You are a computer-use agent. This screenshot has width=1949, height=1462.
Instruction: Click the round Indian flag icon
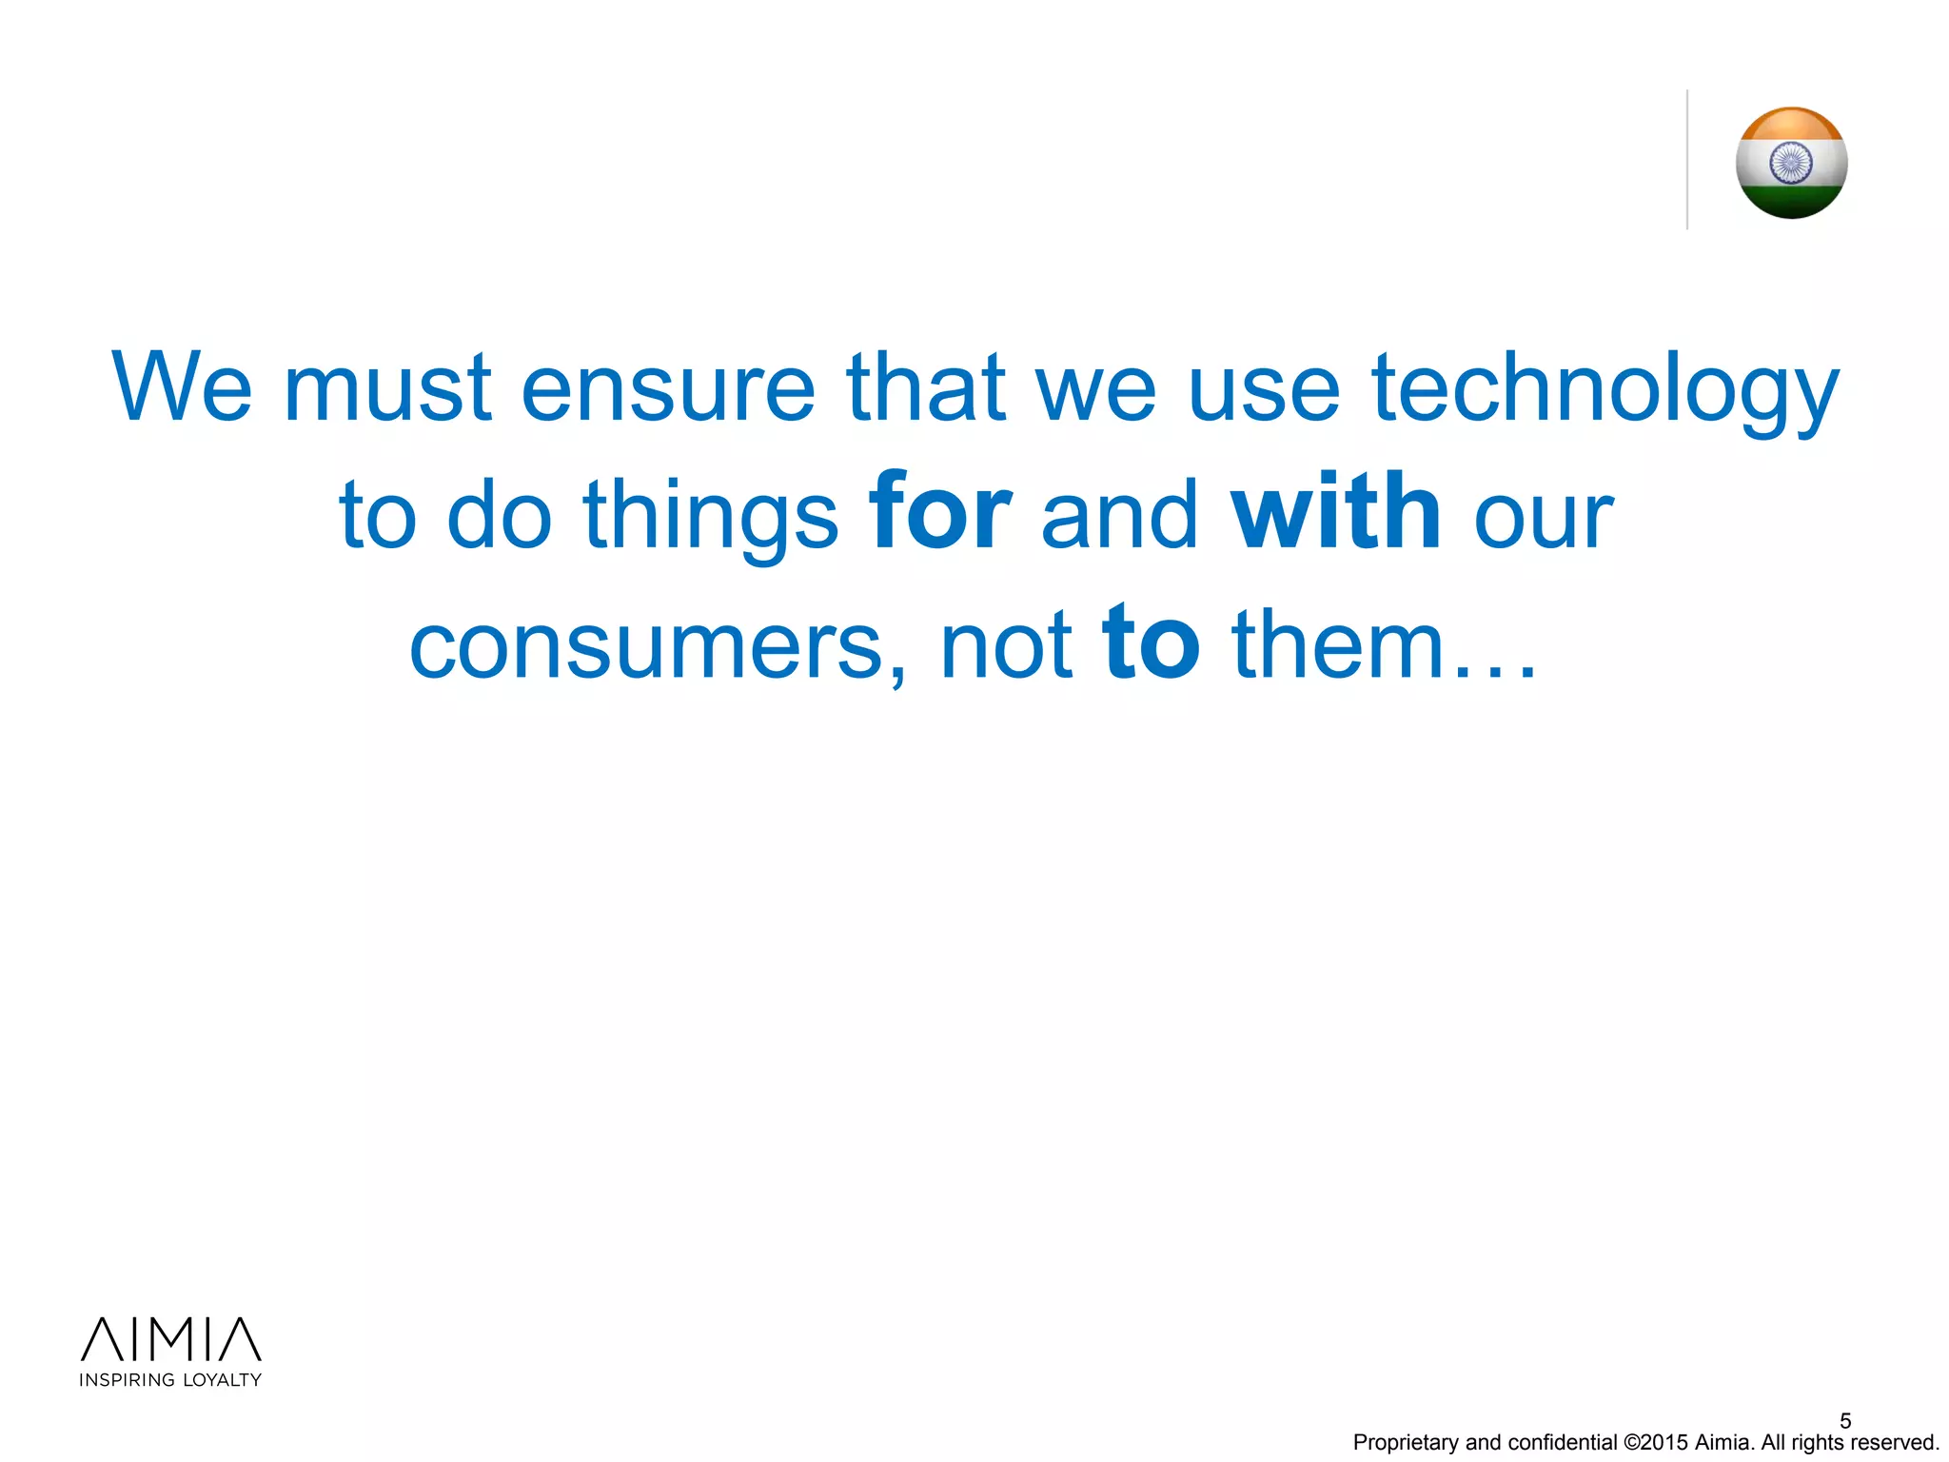[1791, 163]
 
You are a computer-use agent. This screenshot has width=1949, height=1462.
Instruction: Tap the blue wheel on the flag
[1791, 163]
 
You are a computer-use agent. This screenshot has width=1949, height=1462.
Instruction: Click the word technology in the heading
[1604, 388]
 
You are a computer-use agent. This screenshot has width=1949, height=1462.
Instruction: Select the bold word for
[939, 514]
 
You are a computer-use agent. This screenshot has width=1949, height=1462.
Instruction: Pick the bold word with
[1336, 514]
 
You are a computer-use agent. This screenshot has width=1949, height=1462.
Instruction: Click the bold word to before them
[1151, 644]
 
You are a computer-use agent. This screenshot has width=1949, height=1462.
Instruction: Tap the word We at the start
[182, 388]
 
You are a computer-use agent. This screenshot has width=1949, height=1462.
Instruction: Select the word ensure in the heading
[668, 388]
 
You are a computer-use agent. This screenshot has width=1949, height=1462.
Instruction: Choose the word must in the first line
[387, 388]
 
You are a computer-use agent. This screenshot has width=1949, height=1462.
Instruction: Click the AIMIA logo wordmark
[170, 1339]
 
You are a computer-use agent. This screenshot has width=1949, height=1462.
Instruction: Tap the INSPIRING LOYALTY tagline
[170, 1380]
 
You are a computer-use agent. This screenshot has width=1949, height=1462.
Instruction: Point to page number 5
[1845, 1420]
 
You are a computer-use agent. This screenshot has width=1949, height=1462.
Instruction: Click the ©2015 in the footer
[1656, 1443]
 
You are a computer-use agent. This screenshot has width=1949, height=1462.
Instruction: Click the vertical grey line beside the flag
[1687, 160]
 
